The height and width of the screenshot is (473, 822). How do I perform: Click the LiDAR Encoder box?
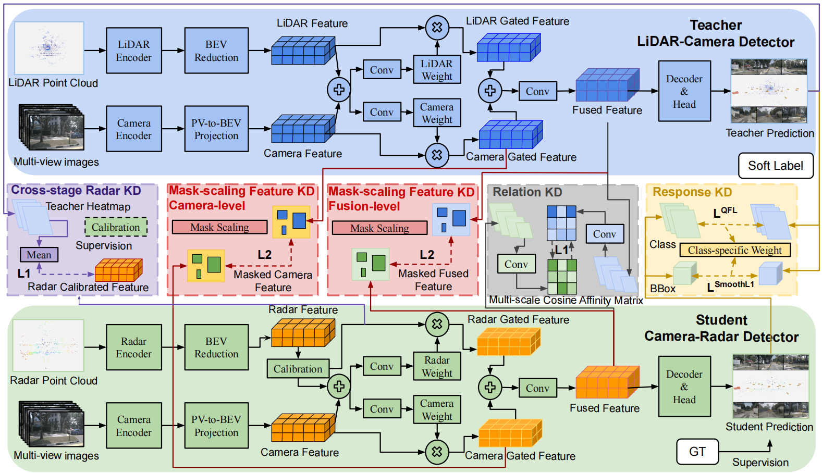click(133, 51)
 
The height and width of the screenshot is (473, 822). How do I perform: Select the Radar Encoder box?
click(133, 347)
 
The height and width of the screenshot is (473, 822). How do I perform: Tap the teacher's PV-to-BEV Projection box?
click(216, 129)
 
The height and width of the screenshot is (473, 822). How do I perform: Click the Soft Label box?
click(775, 166)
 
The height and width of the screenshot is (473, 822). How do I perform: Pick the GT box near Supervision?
click(697, 451)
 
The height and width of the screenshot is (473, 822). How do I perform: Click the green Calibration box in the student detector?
click(298, 369)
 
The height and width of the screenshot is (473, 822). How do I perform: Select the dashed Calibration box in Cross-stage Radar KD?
click(116, 227)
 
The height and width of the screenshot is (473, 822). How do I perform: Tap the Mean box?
click(39, 255)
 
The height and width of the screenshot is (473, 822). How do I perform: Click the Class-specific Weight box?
click(734, 250)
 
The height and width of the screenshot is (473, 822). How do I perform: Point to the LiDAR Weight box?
click(437, 70)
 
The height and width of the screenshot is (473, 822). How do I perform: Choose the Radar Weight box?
click(437, 366)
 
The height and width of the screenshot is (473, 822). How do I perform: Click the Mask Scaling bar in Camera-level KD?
click(219, 227)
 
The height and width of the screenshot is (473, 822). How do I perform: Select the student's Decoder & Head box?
click(684, 387)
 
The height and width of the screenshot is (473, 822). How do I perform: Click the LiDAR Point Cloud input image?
click(49, 48)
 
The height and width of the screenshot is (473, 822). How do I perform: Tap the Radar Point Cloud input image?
click(48, 345)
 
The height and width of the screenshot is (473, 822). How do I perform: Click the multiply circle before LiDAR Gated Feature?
click(437, 28)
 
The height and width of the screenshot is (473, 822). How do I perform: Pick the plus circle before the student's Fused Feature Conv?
click(490, 387)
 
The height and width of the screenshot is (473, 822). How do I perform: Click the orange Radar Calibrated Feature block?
click(118, 270)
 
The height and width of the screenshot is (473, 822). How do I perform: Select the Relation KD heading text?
click(527, 192)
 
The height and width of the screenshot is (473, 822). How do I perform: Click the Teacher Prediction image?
click(769, 91)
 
